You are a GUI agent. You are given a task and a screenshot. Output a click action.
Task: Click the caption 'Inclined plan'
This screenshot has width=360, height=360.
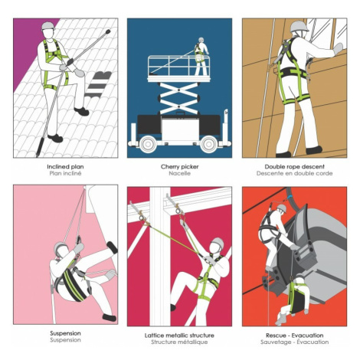pyautogui.click(x=65, y=167)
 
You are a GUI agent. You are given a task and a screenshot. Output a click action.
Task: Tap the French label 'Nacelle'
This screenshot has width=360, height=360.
pyautogui.click(x=179, y=173)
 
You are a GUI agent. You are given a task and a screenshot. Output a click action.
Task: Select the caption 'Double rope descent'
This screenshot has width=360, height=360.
pyautogui.click(x=294, y=167)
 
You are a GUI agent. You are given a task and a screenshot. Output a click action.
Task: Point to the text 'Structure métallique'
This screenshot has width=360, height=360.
pyautogui.click(x=179, y=342)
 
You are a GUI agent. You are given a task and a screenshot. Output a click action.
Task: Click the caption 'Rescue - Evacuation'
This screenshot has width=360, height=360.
pyautogui.click(x=294, y=335)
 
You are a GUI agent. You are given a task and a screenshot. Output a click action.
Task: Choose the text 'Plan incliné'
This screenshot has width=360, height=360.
pyautogui.click(x=65, y=173)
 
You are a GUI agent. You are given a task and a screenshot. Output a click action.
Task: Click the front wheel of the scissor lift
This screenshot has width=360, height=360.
pyautogui.click(x=148, y=144)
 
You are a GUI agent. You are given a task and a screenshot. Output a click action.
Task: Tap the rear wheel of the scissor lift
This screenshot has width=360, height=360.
pyautogui.click(x=209, y=144)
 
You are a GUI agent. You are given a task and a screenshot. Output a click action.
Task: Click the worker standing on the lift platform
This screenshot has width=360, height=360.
pyautogui.click(x=201, y=57)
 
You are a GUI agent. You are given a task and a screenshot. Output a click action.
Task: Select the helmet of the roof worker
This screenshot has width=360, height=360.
pyautogui.click(x=47, y=25)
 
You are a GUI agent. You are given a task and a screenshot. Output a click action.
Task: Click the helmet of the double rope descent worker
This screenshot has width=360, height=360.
pyautogui.click(x=299, y=26)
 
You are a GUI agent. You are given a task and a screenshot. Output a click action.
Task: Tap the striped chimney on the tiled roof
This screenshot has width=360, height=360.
pyautogui.click(x=99, y=84)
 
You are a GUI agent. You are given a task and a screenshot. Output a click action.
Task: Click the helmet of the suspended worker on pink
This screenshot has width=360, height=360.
pyautogui.click(x=61, y=247)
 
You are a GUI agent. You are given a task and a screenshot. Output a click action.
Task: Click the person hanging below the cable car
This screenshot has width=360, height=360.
pyautogui.click(x=294, y=299)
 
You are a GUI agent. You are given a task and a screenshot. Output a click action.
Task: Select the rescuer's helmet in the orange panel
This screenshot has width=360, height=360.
pyautogui.click(x=282, y=208)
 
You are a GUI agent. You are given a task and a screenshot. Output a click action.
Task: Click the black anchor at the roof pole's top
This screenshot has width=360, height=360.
pyautogui.click(x=107, y=32)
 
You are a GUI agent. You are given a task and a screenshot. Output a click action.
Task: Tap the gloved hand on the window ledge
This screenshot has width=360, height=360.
pyautogui.click(x=339, y=48)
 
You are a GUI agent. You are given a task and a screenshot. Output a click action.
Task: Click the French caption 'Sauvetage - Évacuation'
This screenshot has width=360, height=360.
pyautogui.click(x=294, y=342)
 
